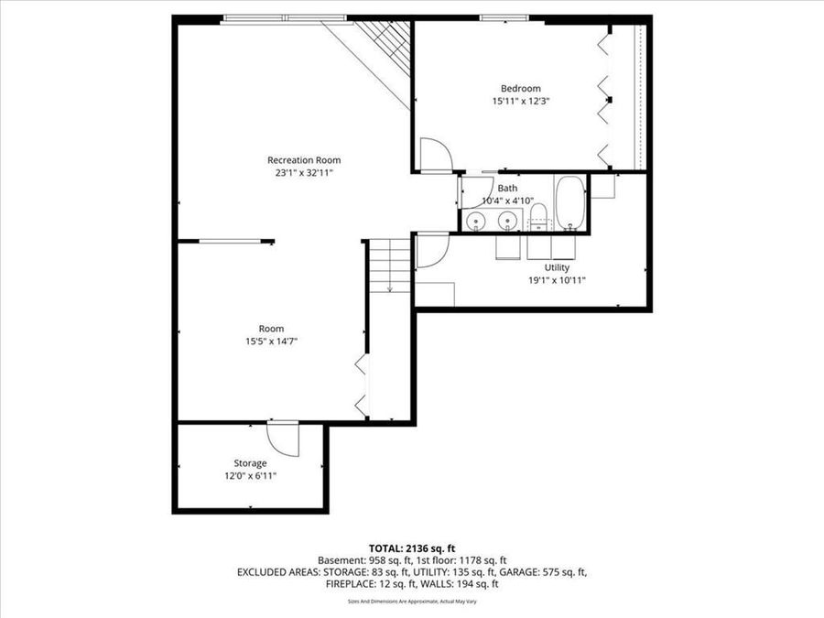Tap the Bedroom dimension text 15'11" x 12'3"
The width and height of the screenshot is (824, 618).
[x=520, y=102]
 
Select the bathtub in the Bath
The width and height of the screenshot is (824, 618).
[x=569, y=203]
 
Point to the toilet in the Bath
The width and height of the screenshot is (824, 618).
[x=538, y=218]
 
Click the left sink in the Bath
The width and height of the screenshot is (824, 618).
[x=475, y=221]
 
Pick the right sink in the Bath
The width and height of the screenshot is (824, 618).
[x=506, y=221]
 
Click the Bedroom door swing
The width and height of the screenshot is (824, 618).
[x=433, y=154]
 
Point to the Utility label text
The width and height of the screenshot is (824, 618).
[x=557, y=267]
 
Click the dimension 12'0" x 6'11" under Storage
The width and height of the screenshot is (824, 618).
[x=250, y=476]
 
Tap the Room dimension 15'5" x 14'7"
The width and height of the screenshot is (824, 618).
[x=271, y=341]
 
